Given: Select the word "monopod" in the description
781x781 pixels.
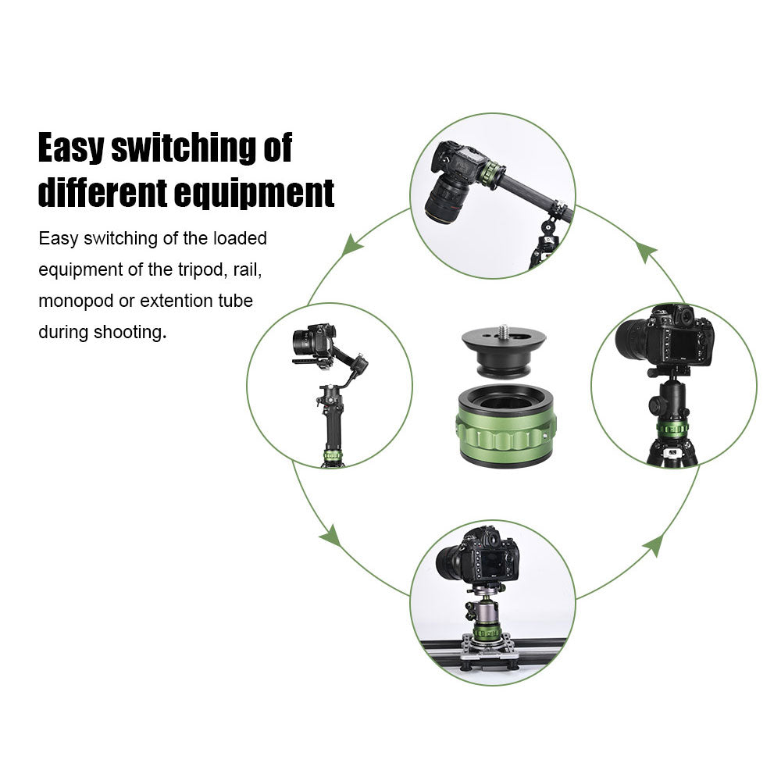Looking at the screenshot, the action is point(76,301).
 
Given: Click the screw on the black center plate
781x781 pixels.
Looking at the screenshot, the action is point(502,330).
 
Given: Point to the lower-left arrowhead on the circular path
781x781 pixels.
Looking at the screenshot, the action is point(330,536).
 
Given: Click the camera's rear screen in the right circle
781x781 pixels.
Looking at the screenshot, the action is point(682,344).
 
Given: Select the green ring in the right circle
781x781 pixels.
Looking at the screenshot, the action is point(672,428).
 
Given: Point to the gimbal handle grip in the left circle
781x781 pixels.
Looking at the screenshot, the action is point(332,424).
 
